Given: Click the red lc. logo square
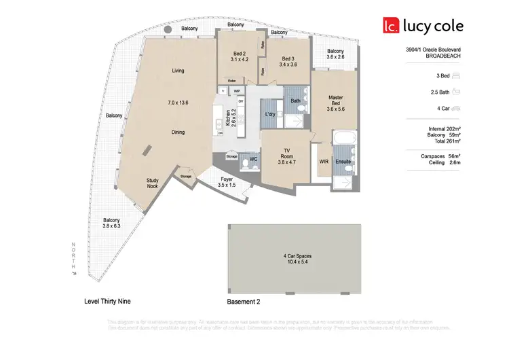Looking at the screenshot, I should point(390,26).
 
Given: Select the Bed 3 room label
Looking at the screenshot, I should point(288,61).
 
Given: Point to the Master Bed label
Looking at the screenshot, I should point(336,103).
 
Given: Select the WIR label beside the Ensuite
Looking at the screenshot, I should point(323,162).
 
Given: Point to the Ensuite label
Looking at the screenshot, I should point(343,162).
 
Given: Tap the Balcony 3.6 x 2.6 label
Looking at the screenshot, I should point(335,54).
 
